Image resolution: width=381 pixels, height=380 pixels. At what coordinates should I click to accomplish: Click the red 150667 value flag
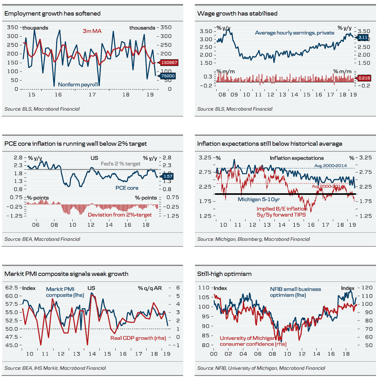pyautogui.click(x=169, y=62)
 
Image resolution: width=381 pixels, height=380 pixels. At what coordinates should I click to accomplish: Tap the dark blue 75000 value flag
pyautogui.click(x=168, y=76)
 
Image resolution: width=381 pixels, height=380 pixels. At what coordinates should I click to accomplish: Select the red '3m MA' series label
pyautogui.click(x=92, y=31)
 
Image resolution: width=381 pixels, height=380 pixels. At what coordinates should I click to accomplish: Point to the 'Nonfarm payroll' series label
pyautogui.click(x=78, y=85)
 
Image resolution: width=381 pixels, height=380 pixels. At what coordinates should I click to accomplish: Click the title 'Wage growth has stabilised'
pyautogui.click(x=237, y=13)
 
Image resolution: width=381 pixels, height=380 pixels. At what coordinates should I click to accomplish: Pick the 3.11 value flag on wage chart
pyautogui.click(x=363, y=38)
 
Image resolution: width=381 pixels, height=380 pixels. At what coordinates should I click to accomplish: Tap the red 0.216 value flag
pyautogui.click(x=364, y=78)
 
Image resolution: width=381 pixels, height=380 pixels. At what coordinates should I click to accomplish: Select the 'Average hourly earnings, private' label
pyautogui.click(x=294, y=33)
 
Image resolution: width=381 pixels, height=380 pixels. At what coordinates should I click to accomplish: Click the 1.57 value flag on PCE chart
pyautogui.click(x=168, y=176)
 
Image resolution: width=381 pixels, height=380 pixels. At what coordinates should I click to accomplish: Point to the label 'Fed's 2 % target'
pyautogui.click(x=121, y=164)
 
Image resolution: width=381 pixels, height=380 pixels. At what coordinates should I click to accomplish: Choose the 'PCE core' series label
pyautogui.click(x=127, y=188)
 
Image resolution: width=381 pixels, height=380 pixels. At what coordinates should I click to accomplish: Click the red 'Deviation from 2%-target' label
pyautogui.click(x=120, y=215)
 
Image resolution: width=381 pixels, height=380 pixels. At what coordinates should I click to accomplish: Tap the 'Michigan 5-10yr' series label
pyautogui.click(x=259, y=199)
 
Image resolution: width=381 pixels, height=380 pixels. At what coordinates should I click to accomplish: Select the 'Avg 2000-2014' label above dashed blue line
pyautogui.click(x=330, y=166)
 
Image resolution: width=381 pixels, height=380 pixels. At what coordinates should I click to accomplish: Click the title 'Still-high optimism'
pyautogui.click(x=224, y=274)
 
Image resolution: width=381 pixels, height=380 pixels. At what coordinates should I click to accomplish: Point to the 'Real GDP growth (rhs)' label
pyautogui.click(x=138, y=338)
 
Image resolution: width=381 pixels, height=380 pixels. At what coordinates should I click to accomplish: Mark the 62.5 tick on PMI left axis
pyautogui.click(x=11, y=288)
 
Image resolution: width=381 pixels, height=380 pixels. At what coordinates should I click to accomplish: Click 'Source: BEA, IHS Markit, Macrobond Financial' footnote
pyautogui.click(x=55, y=368)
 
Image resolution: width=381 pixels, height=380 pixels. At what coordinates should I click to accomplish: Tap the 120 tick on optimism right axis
pyautogui.click(x=367, y=288)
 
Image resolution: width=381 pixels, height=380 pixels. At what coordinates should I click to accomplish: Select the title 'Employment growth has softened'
pyautogui.click(x=53, y=13)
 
